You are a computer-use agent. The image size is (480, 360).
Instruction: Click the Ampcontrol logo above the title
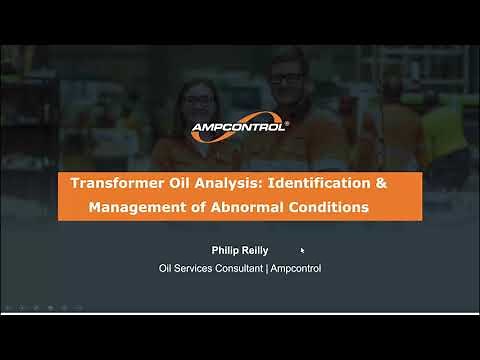(240, 127)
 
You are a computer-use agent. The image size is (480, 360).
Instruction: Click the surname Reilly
(256, 251)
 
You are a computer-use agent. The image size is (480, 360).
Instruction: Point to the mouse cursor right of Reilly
(302, 251)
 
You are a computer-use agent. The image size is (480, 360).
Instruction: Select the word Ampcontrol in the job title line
(295, 268)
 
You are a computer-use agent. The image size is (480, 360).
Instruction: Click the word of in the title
(194, 208)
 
